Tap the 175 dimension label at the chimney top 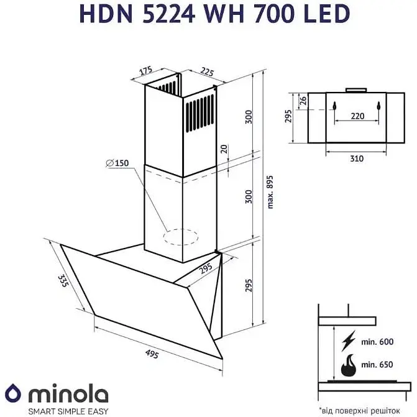pyautogui.click(x=146, y=70)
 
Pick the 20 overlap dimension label pyautogui.click(x=224, y=149)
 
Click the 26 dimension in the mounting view pyautogui.click(x=303, y=99)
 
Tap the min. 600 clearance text pyautogui.click(x=378, y=341)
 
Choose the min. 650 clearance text pyautogui.click(x=378, y=367)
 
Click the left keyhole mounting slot pyautogui.click(x=334, y=106)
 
